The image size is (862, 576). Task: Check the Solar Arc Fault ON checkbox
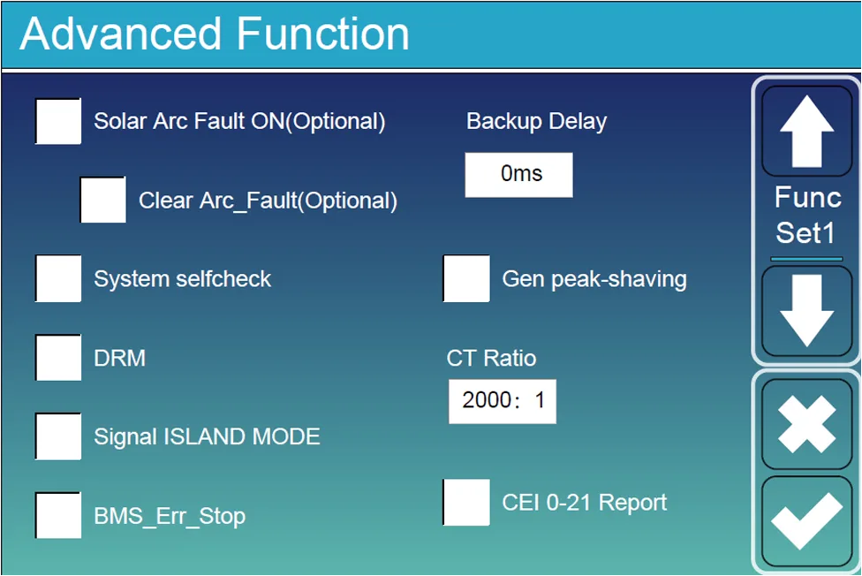point(58,121)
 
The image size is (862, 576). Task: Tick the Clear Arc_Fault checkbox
point(103,200)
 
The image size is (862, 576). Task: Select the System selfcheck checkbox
point(58,278)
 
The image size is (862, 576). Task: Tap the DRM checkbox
point(58,358)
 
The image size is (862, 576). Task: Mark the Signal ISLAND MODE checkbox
point(58,436)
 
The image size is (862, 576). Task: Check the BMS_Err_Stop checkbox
point(58,515)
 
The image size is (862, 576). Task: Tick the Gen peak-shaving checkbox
point(466,278)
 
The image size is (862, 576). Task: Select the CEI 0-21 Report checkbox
point(466,503)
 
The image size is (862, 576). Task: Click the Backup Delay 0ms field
point(519,175)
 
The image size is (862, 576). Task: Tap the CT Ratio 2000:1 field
point(503,402)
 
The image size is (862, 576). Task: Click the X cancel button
point(807,424)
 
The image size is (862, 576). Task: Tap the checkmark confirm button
point(807,521)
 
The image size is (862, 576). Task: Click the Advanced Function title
point(215,34)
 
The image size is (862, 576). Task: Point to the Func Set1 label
point(807,215)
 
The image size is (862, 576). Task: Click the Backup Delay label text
point(537,122)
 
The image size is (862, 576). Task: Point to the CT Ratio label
point(491,358)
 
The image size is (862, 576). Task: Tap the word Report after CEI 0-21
point(632,503)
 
